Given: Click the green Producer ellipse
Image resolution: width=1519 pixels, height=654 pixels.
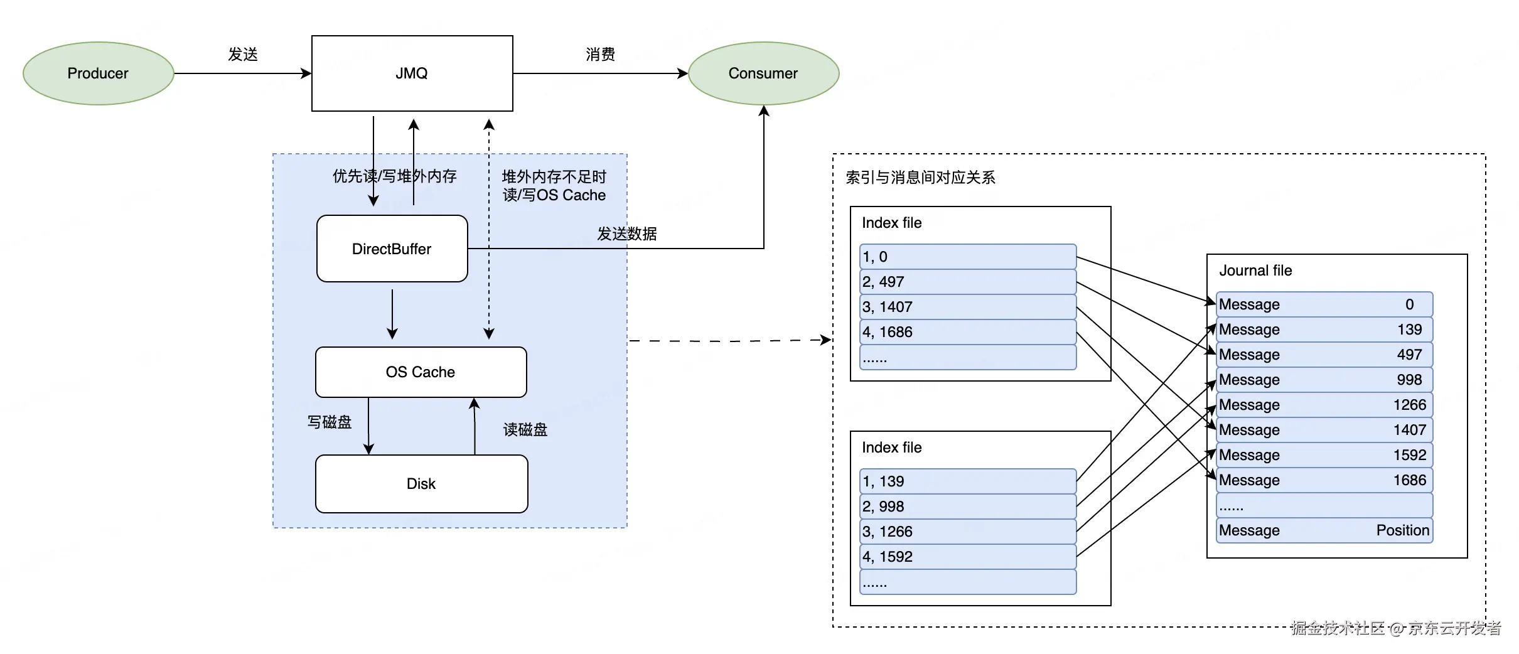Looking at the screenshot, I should pos(98,73).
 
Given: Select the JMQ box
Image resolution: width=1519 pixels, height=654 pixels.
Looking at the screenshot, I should pos(412,73).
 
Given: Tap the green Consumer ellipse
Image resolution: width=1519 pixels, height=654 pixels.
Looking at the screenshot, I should pos(763,73).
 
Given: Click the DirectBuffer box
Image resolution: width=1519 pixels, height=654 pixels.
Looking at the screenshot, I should pos(392,249).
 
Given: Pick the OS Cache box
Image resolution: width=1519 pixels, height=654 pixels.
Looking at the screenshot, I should pos(421,372).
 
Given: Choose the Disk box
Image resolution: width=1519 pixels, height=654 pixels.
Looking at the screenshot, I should pos(421,484).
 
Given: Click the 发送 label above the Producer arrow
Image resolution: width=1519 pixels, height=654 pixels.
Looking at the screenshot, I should pos(243,55).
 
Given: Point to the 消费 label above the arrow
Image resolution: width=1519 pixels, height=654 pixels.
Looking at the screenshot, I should pos(600,55).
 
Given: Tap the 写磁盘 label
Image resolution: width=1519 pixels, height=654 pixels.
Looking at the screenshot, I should pos(330,422).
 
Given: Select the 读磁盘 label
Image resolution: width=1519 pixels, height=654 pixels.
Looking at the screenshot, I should pos(525,430).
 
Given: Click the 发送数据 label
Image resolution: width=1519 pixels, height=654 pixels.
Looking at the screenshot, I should pos(626,234).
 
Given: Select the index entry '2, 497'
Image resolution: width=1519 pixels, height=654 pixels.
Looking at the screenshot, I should pos(967,282).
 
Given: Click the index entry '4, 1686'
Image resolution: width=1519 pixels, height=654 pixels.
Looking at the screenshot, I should pos(967,332).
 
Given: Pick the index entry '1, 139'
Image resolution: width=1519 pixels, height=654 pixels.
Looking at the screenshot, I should pos(967,481).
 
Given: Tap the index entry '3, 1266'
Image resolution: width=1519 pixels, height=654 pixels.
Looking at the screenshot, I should pos(967,532).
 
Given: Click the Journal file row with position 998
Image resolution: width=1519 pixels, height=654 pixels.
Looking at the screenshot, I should pos(1324,380).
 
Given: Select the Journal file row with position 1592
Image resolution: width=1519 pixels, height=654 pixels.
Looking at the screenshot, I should pos(1324,455).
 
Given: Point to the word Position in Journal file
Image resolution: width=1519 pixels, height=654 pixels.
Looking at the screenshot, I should pos(1402,530).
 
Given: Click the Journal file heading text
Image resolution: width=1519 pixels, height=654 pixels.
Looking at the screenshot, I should pos(1255,271).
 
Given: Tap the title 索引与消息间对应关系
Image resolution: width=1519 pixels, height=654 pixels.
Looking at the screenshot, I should pos(920,178).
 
